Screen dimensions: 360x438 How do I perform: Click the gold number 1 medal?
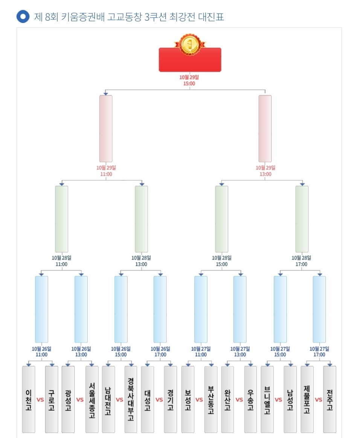[x=190, y=44]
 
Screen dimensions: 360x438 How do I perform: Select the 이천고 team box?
[x=29, y=400]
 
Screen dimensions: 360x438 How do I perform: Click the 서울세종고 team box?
[x=92, y=400]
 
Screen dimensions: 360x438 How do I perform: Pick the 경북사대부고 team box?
[x=131, y=400]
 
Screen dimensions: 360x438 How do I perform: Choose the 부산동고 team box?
[x=211, y=400]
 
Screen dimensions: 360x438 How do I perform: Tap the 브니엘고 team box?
[x=267, y=400]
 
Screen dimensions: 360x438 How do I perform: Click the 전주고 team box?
[x=329, y=400]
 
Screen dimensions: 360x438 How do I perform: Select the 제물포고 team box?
[x=307, y=400]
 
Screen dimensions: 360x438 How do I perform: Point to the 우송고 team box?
[x=250, y=400]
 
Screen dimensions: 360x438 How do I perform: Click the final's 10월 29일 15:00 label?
[x=189, y=81]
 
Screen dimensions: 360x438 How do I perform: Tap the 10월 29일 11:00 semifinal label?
[x=106, y=171]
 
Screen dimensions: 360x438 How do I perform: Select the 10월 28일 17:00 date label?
[x=301, y=261]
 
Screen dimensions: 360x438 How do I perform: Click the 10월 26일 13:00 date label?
[x=81, y=352]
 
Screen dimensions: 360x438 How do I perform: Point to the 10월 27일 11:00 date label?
[x=201, y=352]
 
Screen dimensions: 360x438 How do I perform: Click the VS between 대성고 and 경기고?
[x=159, y=400]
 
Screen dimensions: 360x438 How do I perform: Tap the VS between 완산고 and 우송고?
[x=239, y=400]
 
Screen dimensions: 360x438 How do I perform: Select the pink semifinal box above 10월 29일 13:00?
[x=265, y=128]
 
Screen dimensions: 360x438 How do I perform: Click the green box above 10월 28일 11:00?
[x=61, y=219]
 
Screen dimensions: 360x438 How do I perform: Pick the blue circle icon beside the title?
[x=23, y=17]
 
